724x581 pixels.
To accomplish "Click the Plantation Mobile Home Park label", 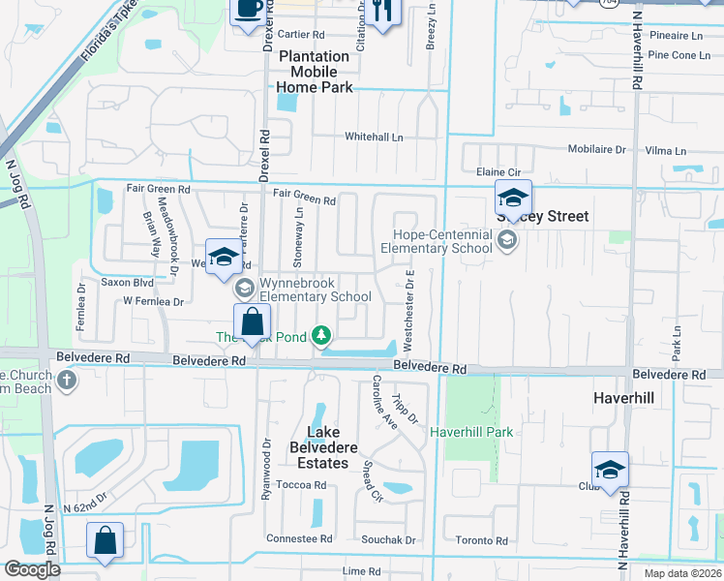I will click(314, 72).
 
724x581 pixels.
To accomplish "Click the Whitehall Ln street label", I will click(374, 138).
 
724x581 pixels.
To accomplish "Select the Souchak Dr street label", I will click(388, 539).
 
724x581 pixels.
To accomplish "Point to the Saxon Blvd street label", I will click(128, 283).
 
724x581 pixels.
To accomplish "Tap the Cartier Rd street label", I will click(300, 35).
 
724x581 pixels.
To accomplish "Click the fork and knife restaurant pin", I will click(384, 12).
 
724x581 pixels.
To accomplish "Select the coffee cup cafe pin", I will click(247, 9).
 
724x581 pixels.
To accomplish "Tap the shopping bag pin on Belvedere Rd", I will click(252, 321).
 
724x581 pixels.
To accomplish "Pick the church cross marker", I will click(66, 379).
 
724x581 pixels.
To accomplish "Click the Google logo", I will click(32, 569).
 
